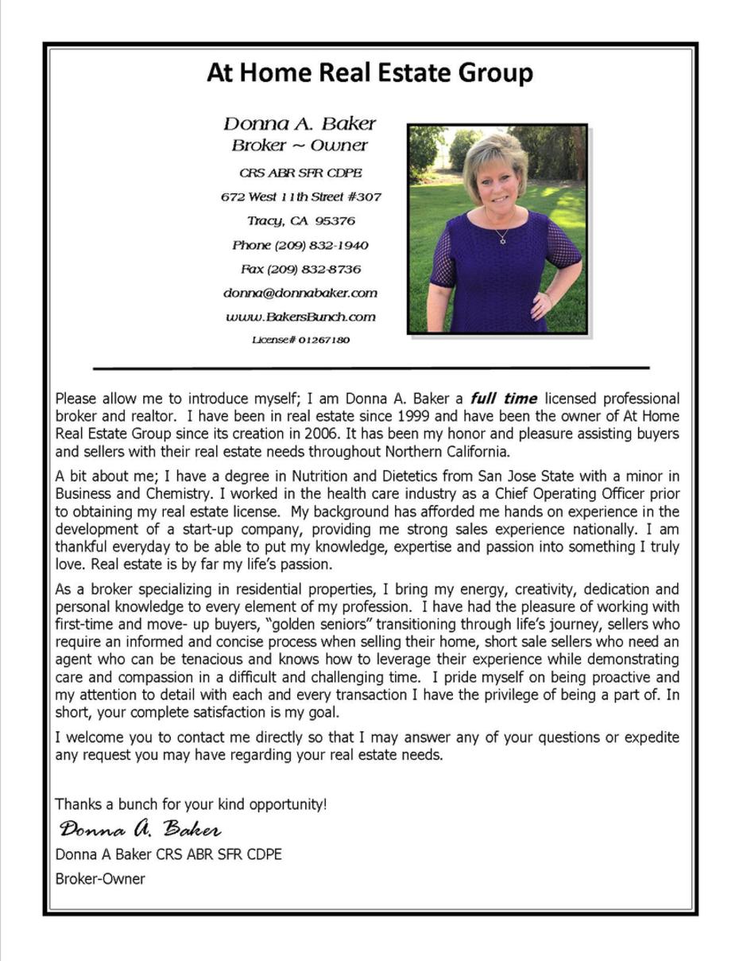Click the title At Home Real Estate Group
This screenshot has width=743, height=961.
tap(370, 73)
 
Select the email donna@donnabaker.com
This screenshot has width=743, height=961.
tap(300, 293)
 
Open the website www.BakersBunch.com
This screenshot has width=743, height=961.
tap(300, 317)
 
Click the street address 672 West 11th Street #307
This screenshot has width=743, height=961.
tap(300, 196)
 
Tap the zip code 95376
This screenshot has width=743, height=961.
tap(335, 220)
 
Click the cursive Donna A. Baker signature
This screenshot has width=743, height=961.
tap(140, 829)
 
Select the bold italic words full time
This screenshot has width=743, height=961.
tap(504, 399)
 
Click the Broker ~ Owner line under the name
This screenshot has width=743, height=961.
tap(300, 146)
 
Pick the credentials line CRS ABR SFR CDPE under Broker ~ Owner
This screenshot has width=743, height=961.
tap(300, 173)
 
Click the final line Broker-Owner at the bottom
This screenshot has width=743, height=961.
tap(100, 879)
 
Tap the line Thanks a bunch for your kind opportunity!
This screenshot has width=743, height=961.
tap(191, 804)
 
